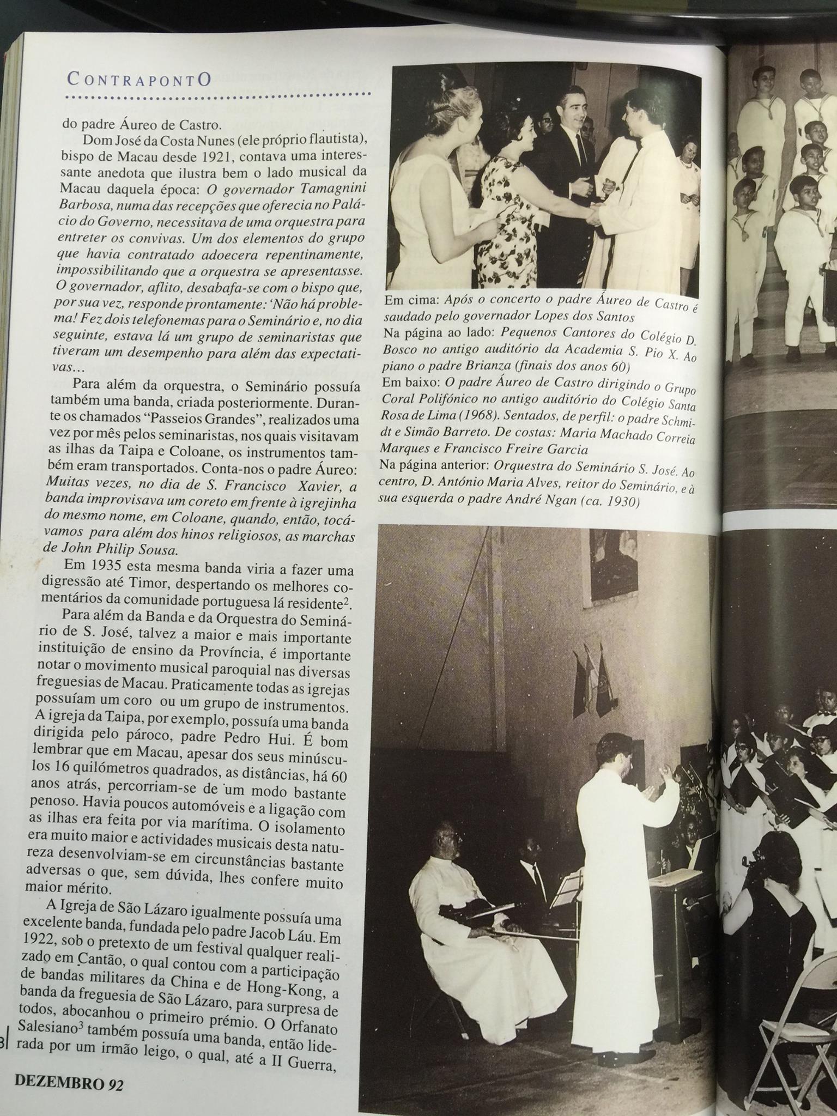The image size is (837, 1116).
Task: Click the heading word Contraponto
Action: click(x=139, y=80)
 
